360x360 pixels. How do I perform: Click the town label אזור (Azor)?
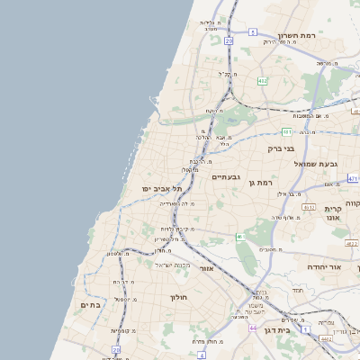coord(207,267)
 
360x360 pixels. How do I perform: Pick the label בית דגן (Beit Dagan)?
coord(305,330)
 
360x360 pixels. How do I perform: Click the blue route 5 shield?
coord(254,31)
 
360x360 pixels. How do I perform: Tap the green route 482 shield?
coord(262,82)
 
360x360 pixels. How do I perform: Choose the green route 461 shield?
coord(239,237)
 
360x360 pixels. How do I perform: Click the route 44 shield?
coord(253,328)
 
